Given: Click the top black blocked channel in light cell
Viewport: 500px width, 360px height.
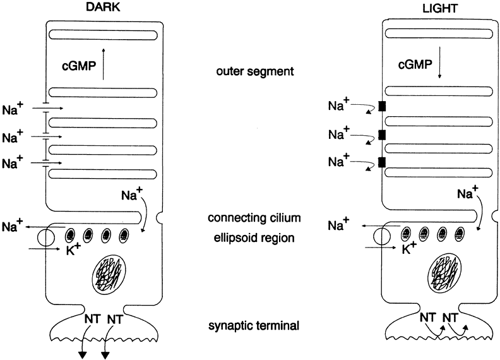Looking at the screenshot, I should pos(381,106).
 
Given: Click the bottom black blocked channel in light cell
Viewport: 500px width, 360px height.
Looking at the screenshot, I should pos(381,162).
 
